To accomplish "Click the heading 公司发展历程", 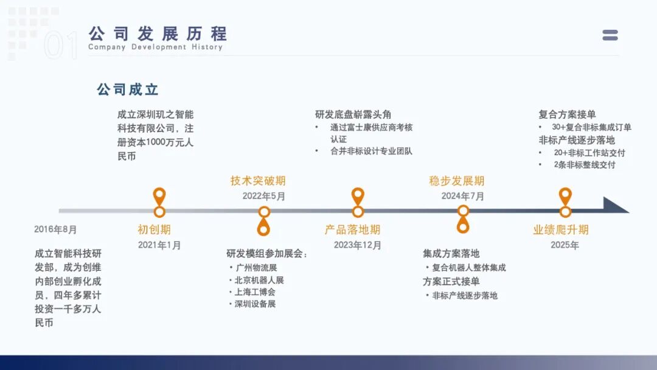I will (x=158, y=33).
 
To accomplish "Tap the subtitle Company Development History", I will (x=155, y=47).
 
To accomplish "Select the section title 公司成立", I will (x=128, y=89).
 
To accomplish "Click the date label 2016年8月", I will (x=56, y=229).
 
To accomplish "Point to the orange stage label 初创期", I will (x=154, y=229).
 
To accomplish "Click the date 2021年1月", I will (x=159, y=245).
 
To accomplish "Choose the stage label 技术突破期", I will (x=258, y=181).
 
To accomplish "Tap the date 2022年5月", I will (x=264, y=196).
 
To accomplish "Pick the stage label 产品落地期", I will (x=352, y=229).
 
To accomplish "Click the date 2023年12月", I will (x=358, y=245).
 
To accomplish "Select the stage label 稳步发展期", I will (x=457, y=181).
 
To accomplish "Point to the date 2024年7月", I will (x=463, y=196).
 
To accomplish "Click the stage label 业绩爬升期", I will (x=561, y=229).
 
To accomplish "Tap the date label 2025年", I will (x=565, y=245).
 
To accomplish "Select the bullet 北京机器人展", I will (x=259, y=280).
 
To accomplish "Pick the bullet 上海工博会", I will (x=255, y=292).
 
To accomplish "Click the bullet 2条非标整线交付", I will (x=584, y=165).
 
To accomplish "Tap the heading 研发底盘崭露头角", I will (x=353, y=114).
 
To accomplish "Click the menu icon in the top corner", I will (x=610, y=35).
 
